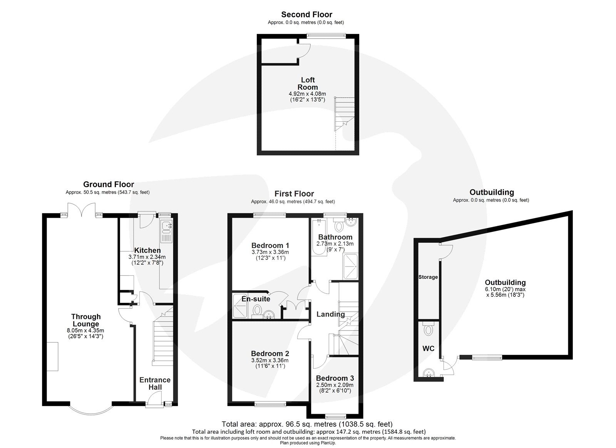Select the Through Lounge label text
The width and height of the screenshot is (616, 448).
click(x=86, y=320)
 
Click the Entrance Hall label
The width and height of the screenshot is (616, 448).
click(x=155, y=384)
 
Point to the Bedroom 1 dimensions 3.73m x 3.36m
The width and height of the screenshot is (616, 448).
click(x=270, y=252)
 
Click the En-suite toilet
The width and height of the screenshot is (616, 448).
click(x=257, y=310)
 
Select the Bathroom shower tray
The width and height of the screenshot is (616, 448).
click(x=350, y=266)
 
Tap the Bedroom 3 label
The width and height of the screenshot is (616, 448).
click(x=335, y=378)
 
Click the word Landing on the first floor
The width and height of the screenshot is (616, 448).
click(x=330, y=314)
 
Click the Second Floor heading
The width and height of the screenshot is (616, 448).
click(x=306, y=15)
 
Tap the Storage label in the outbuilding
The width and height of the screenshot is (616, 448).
click(x=428, y=277)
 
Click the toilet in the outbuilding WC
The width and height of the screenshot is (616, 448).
click(x=427, y=330)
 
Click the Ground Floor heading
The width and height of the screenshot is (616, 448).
click(x=109, y=185)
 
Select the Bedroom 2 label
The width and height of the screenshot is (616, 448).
click(x=270, y=354)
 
